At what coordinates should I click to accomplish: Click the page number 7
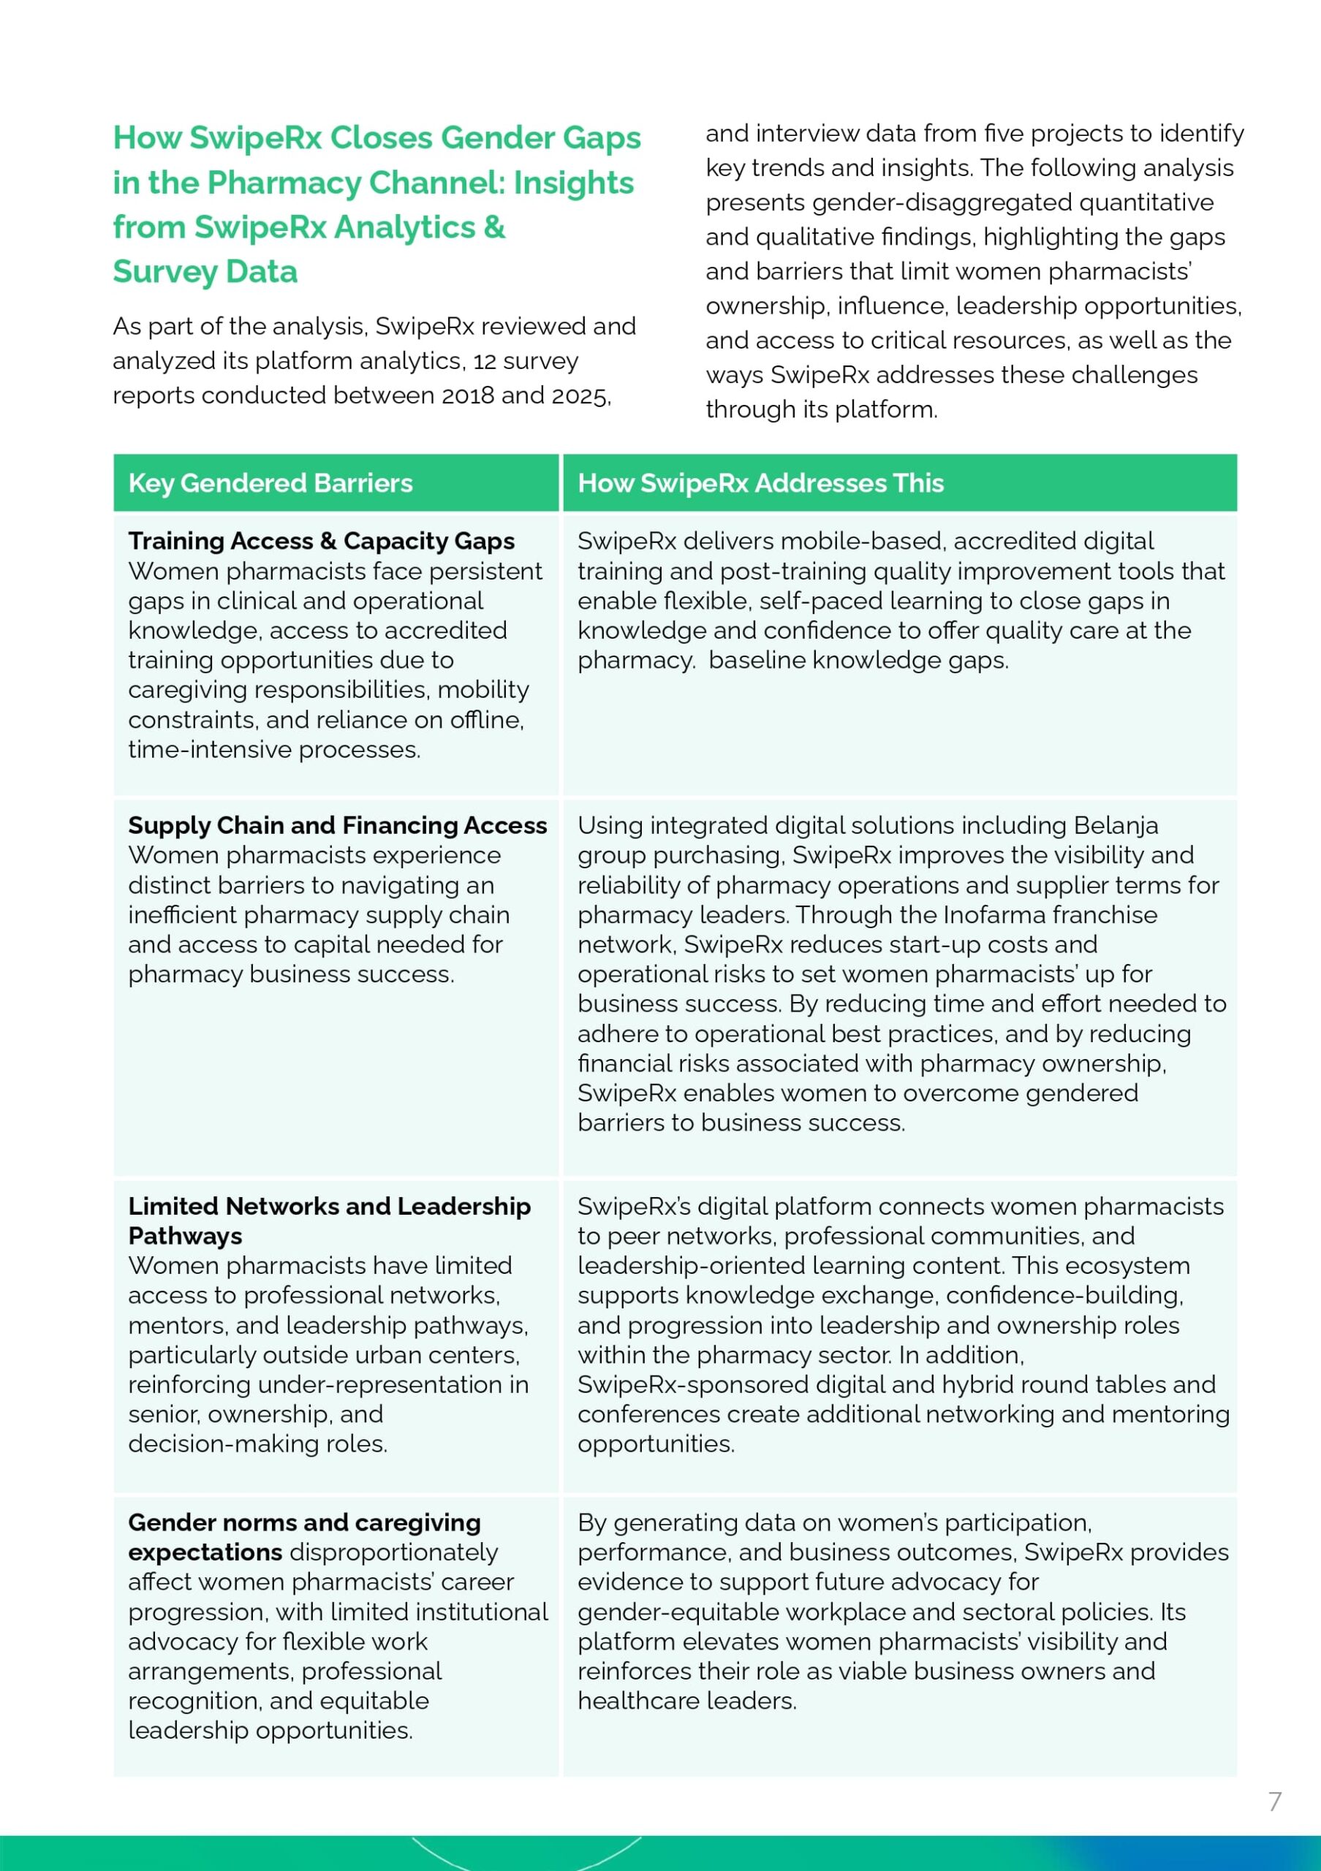point(1274,1801)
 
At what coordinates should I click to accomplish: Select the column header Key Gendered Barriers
point(270,483)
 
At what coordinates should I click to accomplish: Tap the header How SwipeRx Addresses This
point(760,483)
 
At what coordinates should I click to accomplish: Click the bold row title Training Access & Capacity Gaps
point(321,541)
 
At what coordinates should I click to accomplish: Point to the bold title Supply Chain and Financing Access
point(338,825)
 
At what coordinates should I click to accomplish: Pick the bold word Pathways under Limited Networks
point(185,1236)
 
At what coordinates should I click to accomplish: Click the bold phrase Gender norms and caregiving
point(304,1522)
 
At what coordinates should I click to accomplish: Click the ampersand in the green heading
point(494,227)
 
